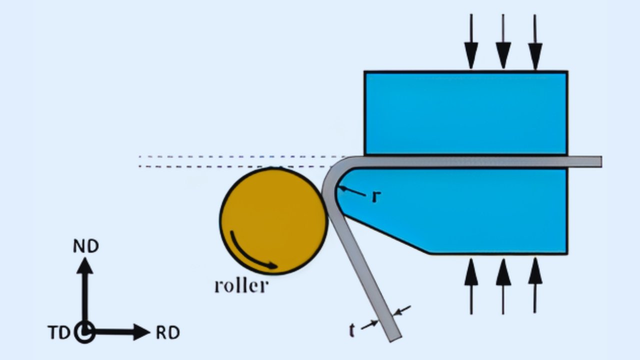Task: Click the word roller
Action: click(x=241, y=286)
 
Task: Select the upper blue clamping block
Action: click(x=465, y=113)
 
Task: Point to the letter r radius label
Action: click(x=376, y=196)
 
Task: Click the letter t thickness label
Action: click(x=352, y=330)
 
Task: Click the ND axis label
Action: click(x=86, y=246)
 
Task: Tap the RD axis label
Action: click(x=167, y=332)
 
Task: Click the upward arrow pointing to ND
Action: click(x=85, y=290)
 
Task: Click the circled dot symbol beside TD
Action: click(x=85, y=332)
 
